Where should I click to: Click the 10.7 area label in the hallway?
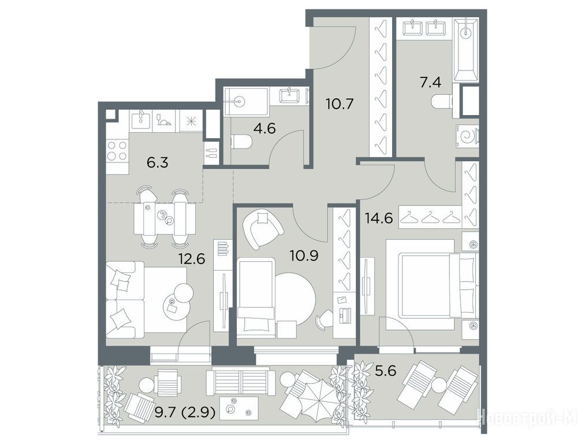click(x=339, y=103)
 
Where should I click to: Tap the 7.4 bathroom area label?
click(x=431, y=82)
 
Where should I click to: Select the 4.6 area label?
click(x=264, y=128)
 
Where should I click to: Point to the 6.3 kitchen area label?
click(x=158, y=163)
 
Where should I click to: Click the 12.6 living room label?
click(x=192, y=258)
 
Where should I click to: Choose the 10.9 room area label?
click(x=304, y=256)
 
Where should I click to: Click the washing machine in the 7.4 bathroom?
click(x=467, y=136)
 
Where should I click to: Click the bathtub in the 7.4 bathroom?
click(x=465, y=50)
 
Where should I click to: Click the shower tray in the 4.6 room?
click(x=246, y=101)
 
